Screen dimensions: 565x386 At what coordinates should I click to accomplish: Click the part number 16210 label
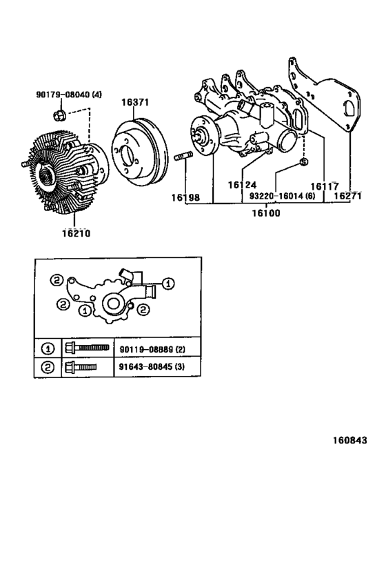click(76, 233)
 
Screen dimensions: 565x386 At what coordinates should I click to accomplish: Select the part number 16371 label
click(135, 102)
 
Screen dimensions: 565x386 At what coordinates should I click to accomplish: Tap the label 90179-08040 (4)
click(69, 95)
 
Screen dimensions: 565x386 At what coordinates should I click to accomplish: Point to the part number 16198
click(186, 197)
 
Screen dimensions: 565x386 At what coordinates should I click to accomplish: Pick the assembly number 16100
click(266, 213)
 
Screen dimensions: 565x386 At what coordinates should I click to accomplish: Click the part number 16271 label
click(347, 197)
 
